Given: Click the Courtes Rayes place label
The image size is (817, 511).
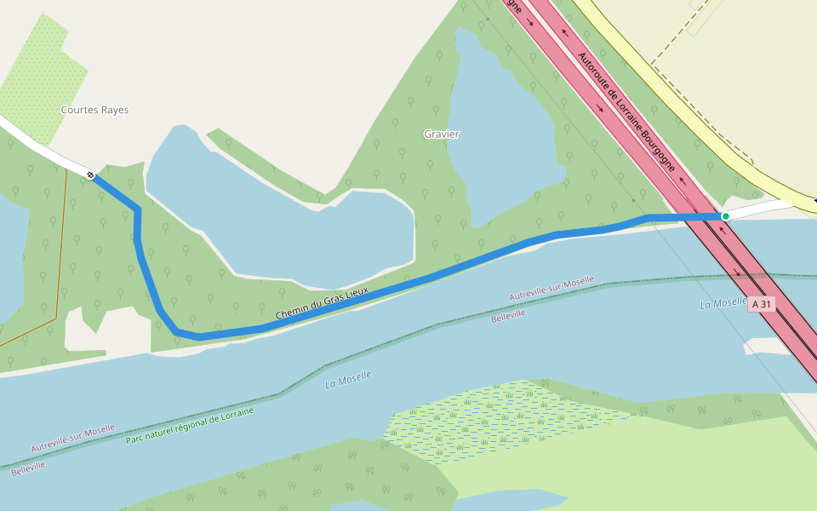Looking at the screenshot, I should (x=94, y=110).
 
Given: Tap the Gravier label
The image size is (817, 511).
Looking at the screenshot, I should (x=441, y=135).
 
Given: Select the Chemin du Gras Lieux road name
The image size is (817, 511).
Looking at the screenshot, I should (x=322, y=303).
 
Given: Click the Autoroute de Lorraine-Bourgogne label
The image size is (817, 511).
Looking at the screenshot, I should (x=626, y=111).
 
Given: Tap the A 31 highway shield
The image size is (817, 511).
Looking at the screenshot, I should (x=761, y=304).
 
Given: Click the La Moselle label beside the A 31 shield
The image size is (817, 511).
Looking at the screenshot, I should (x=723, y=303).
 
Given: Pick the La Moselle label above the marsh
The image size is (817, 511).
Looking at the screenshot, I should (x=348, y=379).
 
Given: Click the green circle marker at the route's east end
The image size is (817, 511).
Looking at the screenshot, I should (x=725, y=216).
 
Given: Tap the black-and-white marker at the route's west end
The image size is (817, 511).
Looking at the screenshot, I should (x=90, y=175).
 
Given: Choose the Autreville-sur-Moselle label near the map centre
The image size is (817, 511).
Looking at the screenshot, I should (x=551, y=289).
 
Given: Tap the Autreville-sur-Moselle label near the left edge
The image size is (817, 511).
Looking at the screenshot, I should (x=73, y=439).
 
